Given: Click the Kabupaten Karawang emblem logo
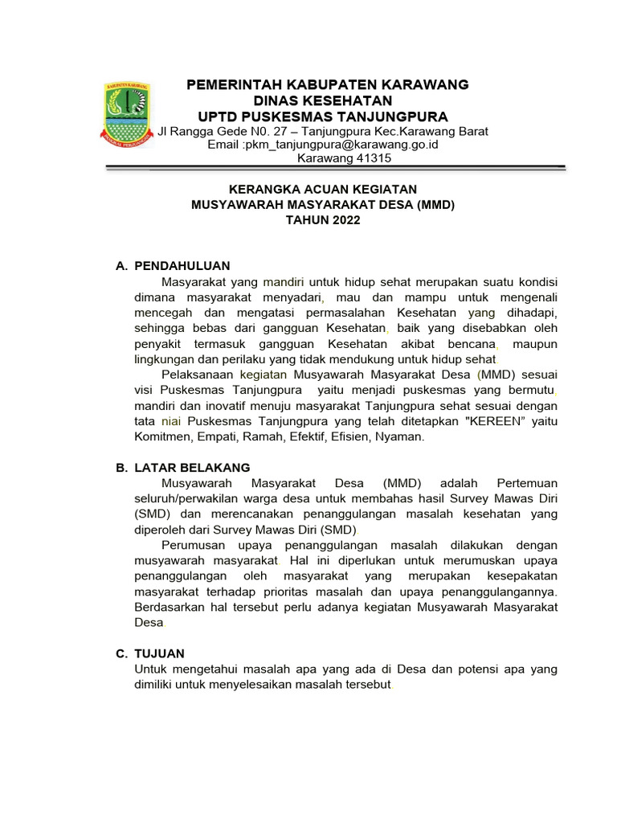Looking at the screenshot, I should [128, 113].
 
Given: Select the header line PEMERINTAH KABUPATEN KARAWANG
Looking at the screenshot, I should [327, 85].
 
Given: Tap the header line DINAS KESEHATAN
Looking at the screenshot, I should [323, 100].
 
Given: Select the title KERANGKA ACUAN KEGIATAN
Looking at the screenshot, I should [323, 190].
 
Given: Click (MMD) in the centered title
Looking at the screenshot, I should [435, 205].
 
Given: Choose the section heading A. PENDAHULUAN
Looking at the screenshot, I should [174, 266].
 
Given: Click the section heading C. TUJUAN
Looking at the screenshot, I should [150, 653].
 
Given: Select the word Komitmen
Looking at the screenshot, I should [162, 437].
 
